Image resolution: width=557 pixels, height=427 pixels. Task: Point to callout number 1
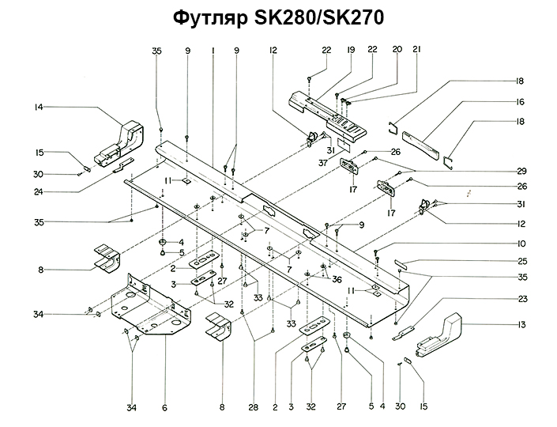tap(213, 51)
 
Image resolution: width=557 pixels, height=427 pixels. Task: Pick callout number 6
tap(164, 407)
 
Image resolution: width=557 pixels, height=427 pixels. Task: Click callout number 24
tap(39, 190)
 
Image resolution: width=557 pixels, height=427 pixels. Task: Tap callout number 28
tap(253, 407)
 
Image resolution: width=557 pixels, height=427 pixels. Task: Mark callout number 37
tap(323, 163)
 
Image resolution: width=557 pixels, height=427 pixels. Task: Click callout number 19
tap(349, 51)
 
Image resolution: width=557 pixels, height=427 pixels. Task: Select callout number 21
tap(416, 51)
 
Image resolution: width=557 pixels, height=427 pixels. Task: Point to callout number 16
tap(521, 102)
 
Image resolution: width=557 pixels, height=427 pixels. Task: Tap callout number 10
tap(521, 243)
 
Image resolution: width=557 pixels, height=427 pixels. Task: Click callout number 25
tap(521, 260)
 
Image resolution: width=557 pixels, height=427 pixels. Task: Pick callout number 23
tap(521, 299)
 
